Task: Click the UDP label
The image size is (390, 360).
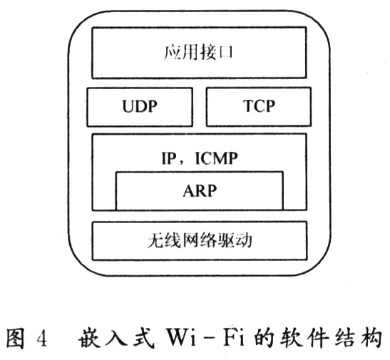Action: (x=140, y=106)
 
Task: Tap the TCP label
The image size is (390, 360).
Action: (x=259, y=106)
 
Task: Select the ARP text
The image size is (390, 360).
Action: (x=200, y=191)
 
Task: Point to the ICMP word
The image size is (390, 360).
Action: (x=217, y=158)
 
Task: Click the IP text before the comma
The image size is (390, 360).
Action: (x=169, y=158)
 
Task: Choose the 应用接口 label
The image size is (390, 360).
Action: (x=198, y=53)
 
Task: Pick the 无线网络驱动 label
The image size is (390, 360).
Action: (x=200, y=240)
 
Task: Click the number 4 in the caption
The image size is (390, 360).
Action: (x=42, y=339)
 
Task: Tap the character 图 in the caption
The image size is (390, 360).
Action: (x=16, y=338)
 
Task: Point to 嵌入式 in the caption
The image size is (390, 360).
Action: (x=116, y=338)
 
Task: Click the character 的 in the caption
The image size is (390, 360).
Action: (x=264, y=338)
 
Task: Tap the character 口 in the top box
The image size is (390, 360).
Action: (x=225, y=53)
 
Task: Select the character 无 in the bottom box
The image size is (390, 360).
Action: (x=155, y=240)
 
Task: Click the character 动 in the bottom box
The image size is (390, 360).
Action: (x=244, y=240)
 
